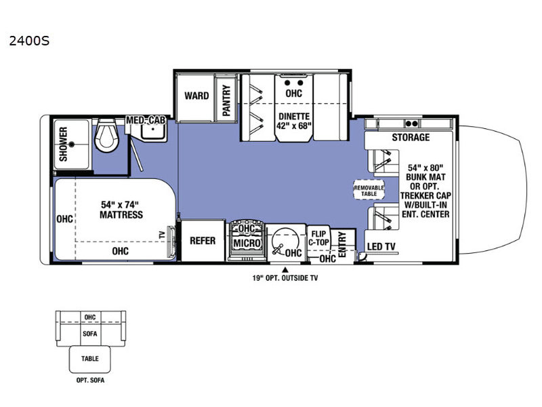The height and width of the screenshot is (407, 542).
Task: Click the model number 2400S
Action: tap(29, 41)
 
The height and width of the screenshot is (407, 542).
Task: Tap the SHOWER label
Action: tap(63, 144)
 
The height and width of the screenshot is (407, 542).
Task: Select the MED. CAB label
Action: tap(146, 120)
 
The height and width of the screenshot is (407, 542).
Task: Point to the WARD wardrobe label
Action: tap(196, 96)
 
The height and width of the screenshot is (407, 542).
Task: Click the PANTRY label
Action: tap(226, 100)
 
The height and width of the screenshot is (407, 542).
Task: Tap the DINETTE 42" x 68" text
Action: tap(294, 121)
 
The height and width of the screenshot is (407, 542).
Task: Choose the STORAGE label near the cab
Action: tap(411, 138)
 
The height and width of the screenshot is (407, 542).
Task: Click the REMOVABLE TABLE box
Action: tap(369, 190)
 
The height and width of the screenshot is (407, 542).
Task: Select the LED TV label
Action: tap(381, 246)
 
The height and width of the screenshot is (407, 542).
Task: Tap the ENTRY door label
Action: tap(342, 244)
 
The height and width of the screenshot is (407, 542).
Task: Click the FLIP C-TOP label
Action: tap(318, 238)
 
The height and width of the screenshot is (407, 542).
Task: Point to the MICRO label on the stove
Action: tap(247, 243)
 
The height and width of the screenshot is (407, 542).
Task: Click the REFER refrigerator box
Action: tap(203, 241)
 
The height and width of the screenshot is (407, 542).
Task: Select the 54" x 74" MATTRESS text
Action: tap(121, 210)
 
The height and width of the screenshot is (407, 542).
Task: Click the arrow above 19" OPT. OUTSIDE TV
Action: tap(285, 269)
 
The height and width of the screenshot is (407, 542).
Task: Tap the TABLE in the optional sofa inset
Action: tap(90, 359)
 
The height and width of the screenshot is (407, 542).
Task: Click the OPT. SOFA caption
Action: tap(90, 381)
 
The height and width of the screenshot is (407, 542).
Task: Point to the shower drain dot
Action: tap(72, 144)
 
